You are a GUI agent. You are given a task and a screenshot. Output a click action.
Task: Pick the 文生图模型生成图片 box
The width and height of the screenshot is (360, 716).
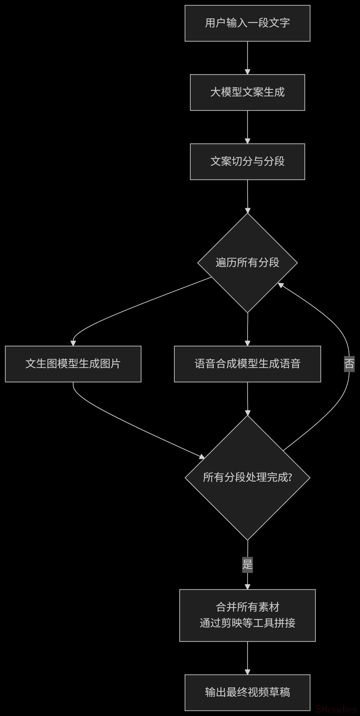coord(73,364)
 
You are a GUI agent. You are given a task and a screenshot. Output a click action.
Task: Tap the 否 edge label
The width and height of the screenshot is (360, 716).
coord(349,364)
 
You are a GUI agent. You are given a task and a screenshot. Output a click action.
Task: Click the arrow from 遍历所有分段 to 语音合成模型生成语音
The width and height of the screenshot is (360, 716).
coord(247,329)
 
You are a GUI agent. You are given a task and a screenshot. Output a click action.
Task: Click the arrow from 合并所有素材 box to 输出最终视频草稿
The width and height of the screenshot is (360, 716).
coord(247,658)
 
